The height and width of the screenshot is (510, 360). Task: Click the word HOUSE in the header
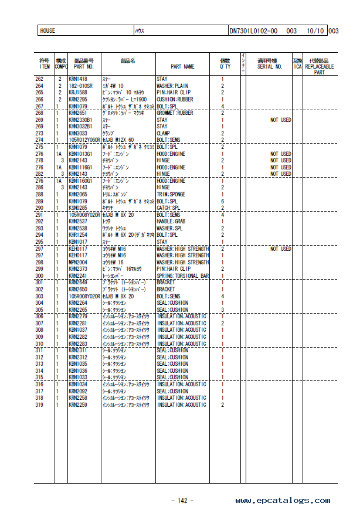click(47, 30)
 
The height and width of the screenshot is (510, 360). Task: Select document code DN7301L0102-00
click(253, 30)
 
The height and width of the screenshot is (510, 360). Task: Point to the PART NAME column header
click(182, 67)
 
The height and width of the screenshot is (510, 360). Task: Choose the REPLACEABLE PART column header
click(320, 67)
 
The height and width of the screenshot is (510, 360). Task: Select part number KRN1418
click(78, 79)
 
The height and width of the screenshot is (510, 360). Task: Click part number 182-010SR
click(80, 86)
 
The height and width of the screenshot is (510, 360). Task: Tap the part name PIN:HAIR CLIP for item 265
click(174, 93)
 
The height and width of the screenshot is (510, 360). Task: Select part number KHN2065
click(78, 194)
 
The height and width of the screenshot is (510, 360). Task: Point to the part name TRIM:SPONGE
click(171, 194)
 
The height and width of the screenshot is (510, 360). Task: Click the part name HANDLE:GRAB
click(172, 222)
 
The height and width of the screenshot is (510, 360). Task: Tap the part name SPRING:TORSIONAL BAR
click(182, 276)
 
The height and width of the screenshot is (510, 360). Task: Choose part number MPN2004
click(78, 262)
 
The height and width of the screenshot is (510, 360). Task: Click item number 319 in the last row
click(39, 404)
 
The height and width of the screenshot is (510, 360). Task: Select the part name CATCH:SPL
click(168, 208)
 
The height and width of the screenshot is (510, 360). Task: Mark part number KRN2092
click(78, 391)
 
